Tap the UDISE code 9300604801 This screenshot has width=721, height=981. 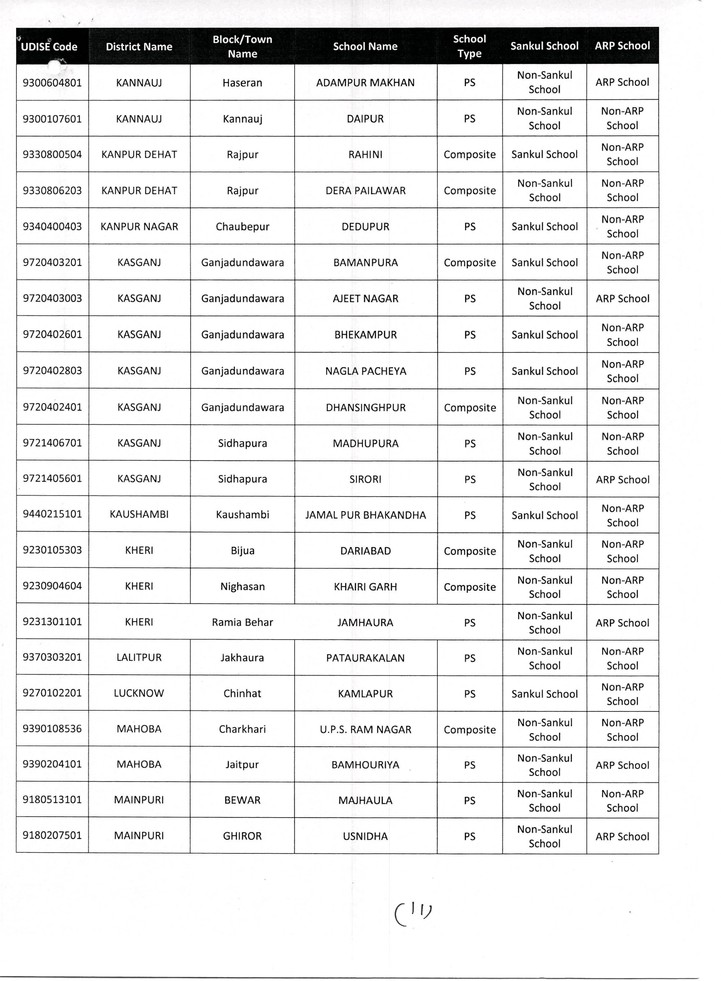(x=52, y=83)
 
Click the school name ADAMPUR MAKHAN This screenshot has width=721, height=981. (x=365, y=83)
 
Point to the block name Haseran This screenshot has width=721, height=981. (x=242, y=83)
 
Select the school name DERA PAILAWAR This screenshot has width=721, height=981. (x=365, y=190)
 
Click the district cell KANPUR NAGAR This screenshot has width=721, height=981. (x=139, y=227)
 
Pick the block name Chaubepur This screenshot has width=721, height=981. (x=242, y=227)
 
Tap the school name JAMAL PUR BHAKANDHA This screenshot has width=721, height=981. (x=365, y=515)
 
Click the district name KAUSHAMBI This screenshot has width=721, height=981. (x=139, y=515)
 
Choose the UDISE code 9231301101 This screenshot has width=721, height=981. (x=52, y=621)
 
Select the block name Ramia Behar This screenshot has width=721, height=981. (x=242, y=622)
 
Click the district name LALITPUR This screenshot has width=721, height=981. (x=139, y=657)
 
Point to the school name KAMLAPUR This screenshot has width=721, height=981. (x=365, y=694)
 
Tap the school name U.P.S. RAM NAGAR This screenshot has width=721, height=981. (x=365, y=729)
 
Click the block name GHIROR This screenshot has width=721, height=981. (x=242, y=836)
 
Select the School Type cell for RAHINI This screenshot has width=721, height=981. (x=470, y=155)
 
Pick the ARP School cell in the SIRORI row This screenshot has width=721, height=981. (x=622, y=479)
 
